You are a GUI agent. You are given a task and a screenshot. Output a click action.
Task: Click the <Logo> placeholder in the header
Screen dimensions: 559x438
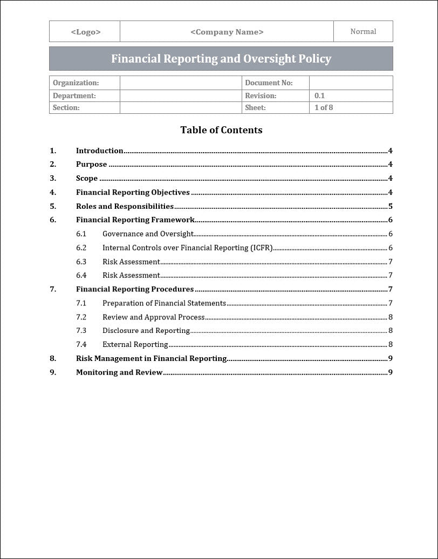tap(85, 32)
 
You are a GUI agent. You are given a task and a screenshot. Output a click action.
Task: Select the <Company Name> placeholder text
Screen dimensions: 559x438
tap(227, 32)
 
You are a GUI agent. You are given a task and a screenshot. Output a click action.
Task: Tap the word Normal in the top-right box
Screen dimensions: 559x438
tap(363, 31)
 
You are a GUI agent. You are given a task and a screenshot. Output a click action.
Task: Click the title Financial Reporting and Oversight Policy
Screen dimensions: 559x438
tap(221, 59)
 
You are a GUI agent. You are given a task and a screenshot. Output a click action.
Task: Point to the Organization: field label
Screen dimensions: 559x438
tap(76, 83)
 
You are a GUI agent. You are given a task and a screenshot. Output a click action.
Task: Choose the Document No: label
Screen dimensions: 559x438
tap(269, 83)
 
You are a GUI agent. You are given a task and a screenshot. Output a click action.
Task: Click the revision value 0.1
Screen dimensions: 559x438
tap(320, 96)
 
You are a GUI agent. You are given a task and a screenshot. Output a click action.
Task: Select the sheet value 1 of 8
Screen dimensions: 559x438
tap(324, 107)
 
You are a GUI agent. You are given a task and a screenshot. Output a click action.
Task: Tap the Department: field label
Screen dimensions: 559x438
tap(74, 96)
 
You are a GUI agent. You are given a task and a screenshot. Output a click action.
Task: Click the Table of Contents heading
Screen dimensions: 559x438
tap(221, 130)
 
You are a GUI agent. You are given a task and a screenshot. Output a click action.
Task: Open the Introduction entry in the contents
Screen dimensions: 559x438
tap(100, 151)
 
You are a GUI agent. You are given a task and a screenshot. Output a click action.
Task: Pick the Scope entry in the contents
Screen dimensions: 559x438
tap(87, 179)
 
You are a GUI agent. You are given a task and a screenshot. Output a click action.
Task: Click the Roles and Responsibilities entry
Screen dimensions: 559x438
tap(125, 206)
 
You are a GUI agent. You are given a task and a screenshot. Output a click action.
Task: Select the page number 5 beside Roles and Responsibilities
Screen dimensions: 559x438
tap(390, 206)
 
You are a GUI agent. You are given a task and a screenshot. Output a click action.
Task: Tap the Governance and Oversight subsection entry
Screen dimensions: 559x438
tap(148, 234)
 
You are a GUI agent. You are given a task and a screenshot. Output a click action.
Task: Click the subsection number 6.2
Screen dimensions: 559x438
tap(81, 248)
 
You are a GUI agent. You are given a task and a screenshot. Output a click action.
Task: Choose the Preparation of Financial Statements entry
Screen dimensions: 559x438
tap(164, 303)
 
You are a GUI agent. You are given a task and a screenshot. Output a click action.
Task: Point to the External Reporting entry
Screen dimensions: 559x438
tap(135, 344)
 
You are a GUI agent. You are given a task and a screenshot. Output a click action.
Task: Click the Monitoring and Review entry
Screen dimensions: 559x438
tap(119, 372)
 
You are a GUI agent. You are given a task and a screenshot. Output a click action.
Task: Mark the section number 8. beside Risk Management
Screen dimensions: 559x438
tap(53, 358)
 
